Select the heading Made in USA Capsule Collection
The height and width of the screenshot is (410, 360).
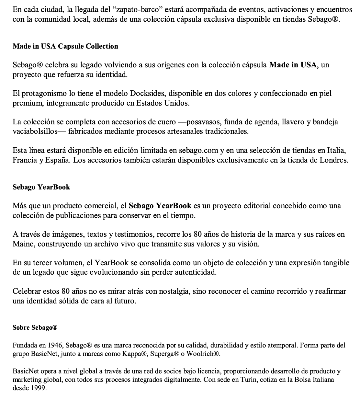[x=65, y=46]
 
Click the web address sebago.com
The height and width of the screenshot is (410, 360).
[x=199, y=150]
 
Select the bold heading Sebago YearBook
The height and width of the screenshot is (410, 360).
[x=41, y=187]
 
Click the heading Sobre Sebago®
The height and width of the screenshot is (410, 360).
[x=35, y=327]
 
